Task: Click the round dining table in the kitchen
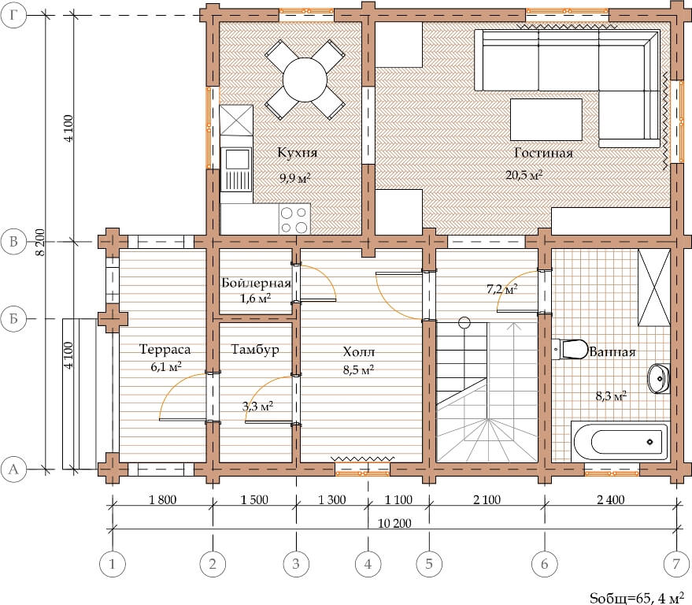(305, 80)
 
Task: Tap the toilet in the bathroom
(570, 349)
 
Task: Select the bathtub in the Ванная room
(620, 442)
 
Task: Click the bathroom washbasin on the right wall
(658, 378)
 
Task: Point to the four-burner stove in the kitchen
(294, 219)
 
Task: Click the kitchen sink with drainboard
(236, 169)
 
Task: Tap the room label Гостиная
(543, 154)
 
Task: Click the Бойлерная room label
(256, 283)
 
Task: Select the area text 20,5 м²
(524, 175)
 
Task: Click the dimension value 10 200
(394, 523)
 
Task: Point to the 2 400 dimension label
(610, 500)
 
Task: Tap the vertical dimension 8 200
(41, 242)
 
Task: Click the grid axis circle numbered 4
(368, 564)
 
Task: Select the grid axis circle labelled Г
(13, 16)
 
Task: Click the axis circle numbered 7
(676, 564)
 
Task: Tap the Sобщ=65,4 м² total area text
(640, 598)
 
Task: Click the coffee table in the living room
(546, 119)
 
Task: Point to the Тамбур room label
(255, 350)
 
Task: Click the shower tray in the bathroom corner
(654, 288)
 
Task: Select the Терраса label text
(165, 349)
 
